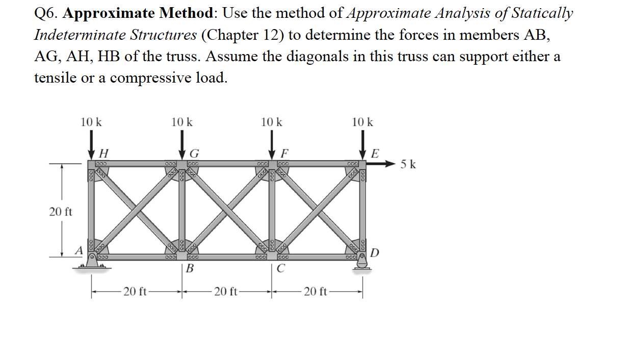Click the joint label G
[194, 152]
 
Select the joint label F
[285, 152]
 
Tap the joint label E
[376, 152]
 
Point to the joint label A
[78, 250]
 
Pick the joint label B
[190, 269]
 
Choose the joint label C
[281, 269]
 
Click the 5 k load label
[408, 164]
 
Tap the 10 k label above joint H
[91, 122]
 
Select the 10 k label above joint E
[362, 122]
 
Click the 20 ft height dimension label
[61, 212]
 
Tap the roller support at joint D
[363, 263]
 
